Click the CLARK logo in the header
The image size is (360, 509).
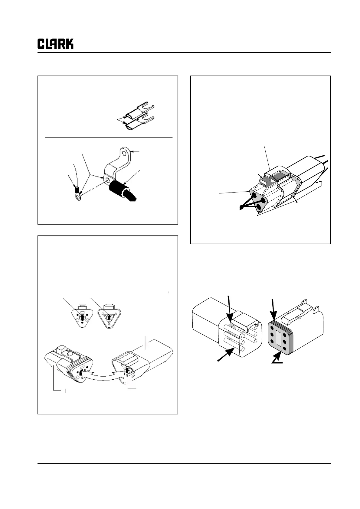(55, 44)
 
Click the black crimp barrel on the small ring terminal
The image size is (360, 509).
(77, 189)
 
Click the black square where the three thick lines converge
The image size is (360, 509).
(241, 207)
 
